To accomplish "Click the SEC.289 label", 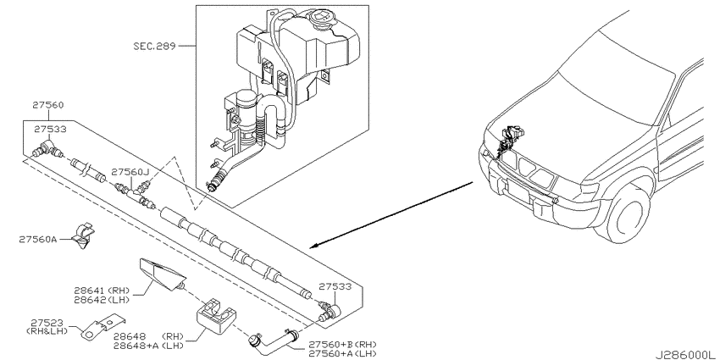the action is click(154, 46).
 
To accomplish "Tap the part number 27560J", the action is click(130, 173).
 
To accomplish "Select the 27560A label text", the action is click(38, 239).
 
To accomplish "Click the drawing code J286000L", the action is click(687, 355).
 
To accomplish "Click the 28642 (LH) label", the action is click(102, 300).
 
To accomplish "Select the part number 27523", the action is click(47, 323).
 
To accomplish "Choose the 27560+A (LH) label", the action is click(342, 353).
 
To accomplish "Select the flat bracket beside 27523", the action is click(103, 327).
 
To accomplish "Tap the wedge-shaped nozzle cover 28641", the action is click(163, 274).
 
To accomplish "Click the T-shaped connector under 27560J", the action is click(134, 193).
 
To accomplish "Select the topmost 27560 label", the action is click(47, 105).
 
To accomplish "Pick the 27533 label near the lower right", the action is click(335, 286).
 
